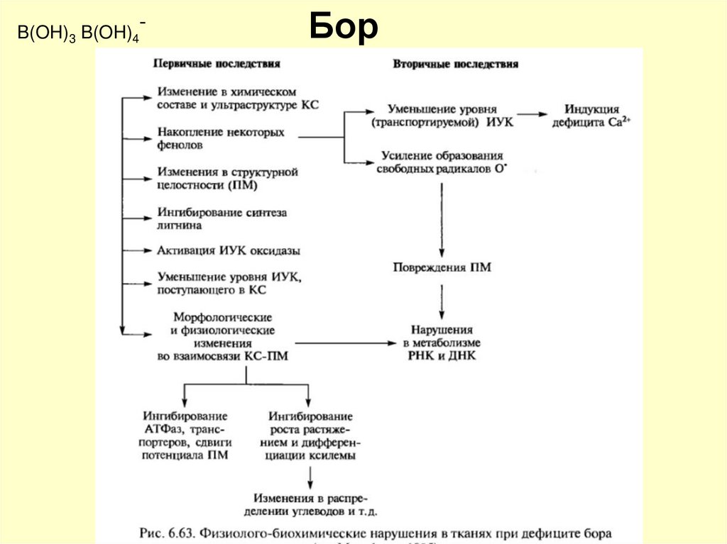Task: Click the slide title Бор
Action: click(344, 28)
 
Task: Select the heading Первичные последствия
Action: click(217, 63)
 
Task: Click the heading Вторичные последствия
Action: click(455, 64)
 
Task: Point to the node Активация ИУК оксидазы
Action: click(229, 251)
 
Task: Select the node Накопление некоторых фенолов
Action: click(221, 138)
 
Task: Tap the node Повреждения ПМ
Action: click(442, 268)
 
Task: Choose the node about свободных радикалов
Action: click(442, 162)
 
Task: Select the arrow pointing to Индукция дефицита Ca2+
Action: click(532, 113)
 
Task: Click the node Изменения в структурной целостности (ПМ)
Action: click(227, 179)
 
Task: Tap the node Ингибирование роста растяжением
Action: click(311, 435)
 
